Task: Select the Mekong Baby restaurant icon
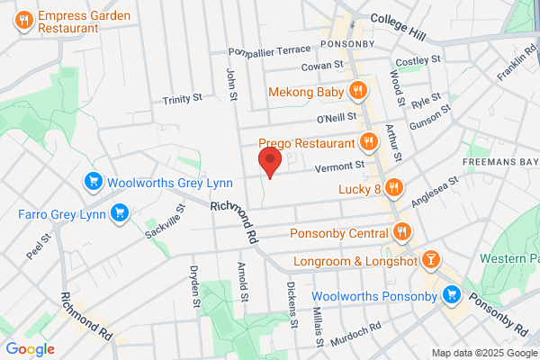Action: click(x=358, y=89)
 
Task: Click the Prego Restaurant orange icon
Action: click(x=367, y=142)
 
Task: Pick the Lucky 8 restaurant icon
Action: click(x=393, y=188)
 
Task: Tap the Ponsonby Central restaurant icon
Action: click(x=402, y=234)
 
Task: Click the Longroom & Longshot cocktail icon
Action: click(x=432, y=261)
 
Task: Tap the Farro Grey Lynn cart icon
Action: click(x=119, y=214)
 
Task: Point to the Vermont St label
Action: click(x=338, y=166)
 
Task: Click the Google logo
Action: click(x=30, y=348)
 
